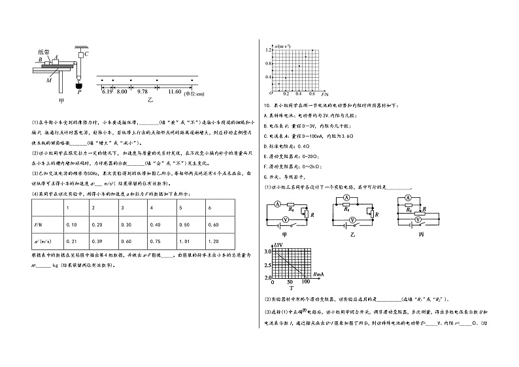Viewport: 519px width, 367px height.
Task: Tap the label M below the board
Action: pos(49,81)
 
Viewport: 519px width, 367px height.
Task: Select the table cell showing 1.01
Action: pos(184,241)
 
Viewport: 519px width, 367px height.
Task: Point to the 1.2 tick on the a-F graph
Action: pos(268,50)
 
